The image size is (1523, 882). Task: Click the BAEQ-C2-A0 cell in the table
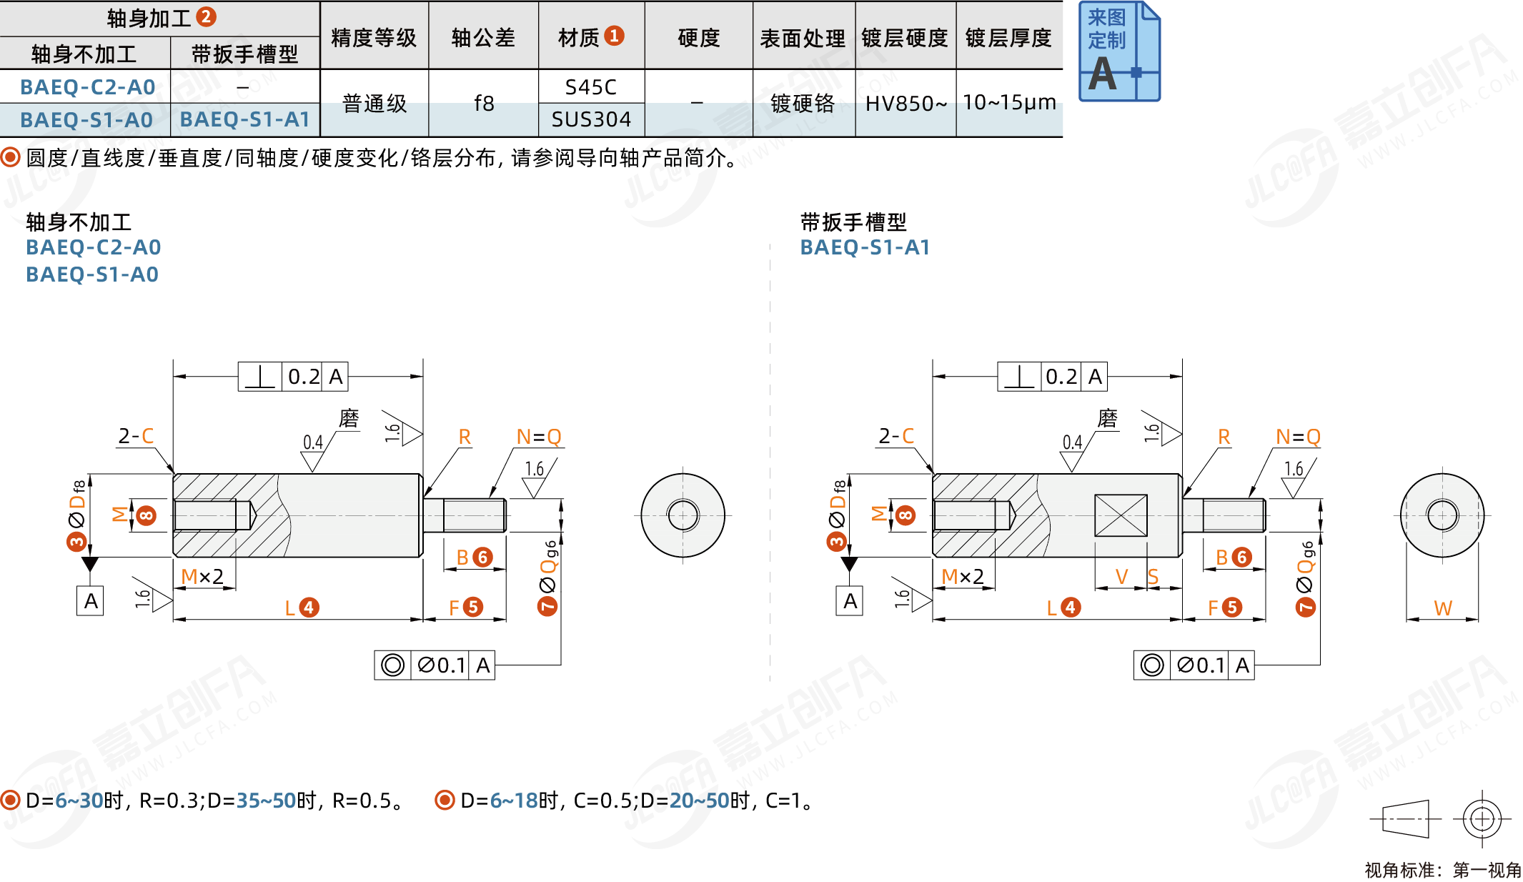[87, 87]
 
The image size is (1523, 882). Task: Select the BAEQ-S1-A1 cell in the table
[244, 119]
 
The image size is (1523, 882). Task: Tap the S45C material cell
[590, 87]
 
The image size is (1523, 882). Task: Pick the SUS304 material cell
[591, 119]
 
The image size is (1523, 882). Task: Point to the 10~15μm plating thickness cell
[1009, 103]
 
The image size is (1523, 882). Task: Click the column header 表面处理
[803, 38]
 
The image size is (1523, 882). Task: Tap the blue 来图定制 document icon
[1118, 51]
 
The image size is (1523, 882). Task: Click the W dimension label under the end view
[1442, 608]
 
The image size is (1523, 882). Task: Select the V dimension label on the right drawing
[1121, 576]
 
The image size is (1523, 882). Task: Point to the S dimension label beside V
[1153, 576]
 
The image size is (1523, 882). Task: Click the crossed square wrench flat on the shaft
[1121, 515]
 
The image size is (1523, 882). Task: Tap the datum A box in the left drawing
[91, 601]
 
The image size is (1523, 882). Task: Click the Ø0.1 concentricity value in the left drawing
[441, 665]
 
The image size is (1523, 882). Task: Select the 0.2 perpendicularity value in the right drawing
[1061, 377]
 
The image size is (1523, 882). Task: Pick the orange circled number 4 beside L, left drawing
[309, 608]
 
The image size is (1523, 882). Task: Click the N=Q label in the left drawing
[539, 437]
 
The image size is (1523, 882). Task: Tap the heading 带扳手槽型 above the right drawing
[853, 222]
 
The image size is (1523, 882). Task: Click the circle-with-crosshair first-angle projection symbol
[1482, 818]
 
